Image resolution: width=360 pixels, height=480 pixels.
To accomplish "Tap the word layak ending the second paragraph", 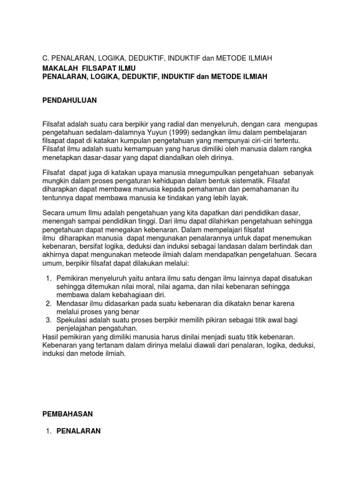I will pyautogui.click(x=239, y=198).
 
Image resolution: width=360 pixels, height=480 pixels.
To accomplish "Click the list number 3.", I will pyautogui.click(x=49, y=320).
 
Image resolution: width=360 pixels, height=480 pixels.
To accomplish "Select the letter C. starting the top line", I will pyautogui.click(x=39, y=58).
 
